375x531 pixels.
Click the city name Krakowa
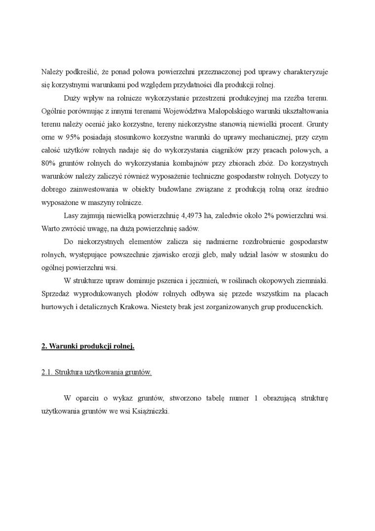[134, 307]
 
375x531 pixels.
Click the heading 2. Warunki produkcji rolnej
[88, 346]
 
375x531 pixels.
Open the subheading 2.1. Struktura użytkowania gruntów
[96, 372]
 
